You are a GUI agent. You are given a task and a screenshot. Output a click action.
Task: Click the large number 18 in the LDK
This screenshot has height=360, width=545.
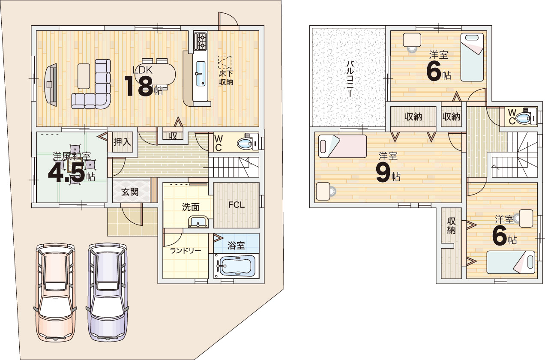(x=139, y=86)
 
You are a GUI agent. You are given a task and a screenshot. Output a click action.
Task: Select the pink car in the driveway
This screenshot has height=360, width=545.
(x=55, y=292)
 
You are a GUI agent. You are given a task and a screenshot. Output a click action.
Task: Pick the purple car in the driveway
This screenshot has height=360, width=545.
(x=108, y=292)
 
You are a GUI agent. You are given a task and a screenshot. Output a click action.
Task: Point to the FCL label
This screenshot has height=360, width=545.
(x=237, y=205)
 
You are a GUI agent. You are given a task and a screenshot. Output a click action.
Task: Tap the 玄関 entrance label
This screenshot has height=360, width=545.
(x=130, y=192)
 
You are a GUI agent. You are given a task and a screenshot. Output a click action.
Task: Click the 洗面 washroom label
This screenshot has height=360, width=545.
(x=191, y=207)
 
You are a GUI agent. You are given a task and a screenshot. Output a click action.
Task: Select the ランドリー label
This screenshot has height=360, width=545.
(x=185, y=250)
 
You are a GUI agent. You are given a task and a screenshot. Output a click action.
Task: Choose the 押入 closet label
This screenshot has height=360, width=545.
(x=122, y=142)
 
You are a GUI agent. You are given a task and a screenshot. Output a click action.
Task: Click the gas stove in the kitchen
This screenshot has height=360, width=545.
(x=201, y=41)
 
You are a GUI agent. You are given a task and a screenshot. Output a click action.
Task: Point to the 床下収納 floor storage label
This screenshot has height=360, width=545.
(x=226, y=78)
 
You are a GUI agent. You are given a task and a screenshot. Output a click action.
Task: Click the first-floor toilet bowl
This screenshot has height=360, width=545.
(x=245, y=144)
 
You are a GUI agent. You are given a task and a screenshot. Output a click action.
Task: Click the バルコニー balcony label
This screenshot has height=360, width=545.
(x=350, y=79)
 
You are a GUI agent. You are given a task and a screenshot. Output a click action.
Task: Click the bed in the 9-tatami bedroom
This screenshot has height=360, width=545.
(x=342, y=146)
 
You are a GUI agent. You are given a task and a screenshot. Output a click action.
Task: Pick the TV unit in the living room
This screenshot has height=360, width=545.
(x=51, y=85)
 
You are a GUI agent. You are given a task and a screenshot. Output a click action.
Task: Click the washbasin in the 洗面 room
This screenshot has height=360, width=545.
(x=198, y=222)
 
